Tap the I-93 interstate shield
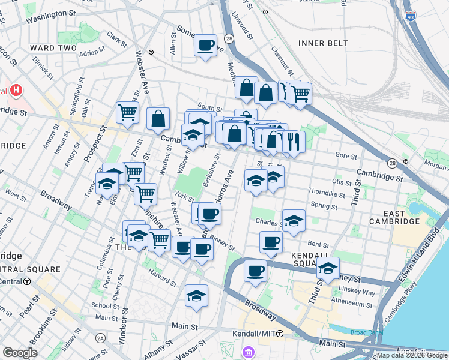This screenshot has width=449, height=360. point(411,16)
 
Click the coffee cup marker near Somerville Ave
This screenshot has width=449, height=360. point(205,45)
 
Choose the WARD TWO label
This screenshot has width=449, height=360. point(51,48)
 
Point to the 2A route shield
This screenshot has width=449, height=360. point(100,339)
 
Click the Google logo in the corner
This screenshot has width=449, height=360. point(20,353)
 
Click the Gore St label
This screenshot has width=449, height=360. point(345,155)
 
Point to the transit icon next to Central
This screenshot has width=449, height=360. point(27,281)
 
